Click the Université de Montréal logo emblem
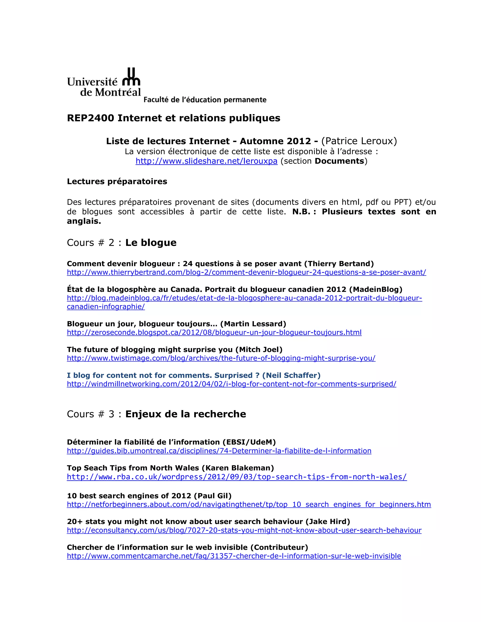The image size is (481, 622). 131,77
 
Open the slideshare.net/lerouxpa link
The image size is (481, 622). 206,161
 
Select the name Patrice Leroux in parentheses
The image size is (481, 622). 359,141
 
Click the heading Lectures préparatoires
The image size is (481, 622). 117,181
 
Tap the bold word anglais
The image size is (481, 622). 84,221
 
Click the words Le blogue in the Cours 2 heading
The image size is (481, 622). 151,243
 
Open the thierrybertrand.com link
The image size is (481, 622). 246,272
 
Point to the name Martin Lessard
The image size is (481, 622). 253,324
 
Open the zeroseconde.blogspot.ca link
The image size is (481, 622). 214,332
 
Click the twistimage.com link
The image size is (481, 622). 221,358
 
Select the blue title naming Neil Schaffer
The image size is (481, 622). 194,375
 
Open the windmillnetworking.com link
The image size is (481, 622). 231,384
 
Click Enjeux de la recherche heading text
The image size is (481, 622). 186,414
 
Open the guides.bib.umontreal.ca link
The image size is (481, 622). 219,451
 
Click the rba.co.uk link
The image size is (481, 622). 237,477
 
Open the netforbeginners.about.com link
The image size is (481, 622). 249,504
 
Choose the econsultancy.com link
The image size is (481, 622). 244,530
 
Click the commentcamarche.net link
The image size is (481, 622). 234,556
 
